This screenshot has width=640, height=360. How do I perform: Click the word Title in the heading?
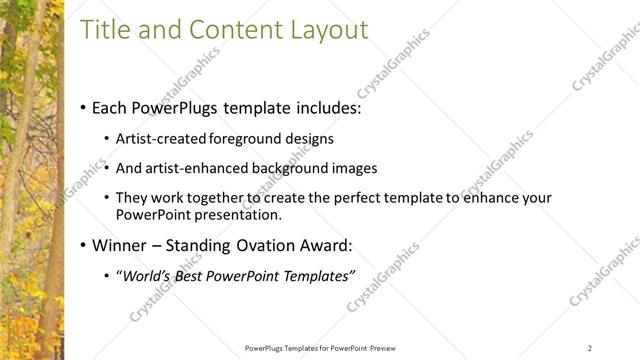point(105,30)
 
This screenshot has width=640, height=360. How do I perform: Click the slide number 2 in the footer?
point(590,348)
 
